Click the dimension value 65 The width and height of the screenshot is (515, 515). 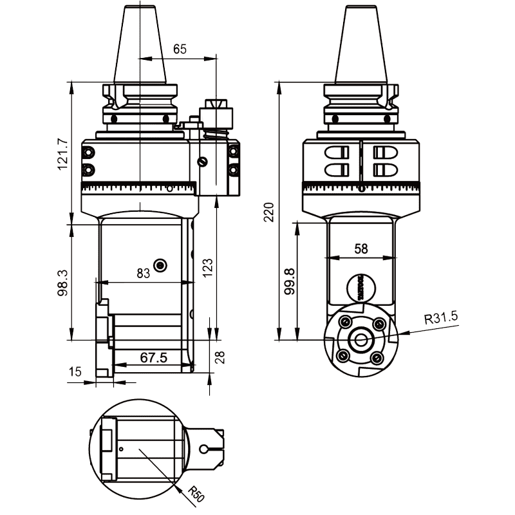click(181, 49)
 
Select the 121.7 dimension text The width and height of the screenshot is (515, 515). click(62, 154)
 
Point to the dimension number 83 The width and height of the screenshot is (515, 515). click(143, 273)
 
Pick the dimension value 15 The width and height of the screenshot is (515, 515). click(76, 371)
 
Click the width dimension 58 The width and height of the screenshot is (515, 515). click(360, 248)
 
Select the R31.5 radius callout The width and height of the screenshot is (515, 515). click(440, 317)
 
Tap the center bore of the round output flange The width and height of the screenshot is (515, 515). click(360, 339)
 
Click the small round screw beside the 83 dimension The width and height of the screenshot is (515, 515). click(160, 265)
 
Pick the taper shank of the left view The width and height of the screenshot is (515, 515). click(139, 45)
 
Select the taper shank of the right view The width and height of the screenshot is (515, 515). click(361, 45)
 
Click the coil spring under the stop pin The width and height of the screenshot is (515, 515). click(214, 134)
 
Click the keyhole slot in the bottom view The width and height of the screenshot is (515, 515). click(207, 449)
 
